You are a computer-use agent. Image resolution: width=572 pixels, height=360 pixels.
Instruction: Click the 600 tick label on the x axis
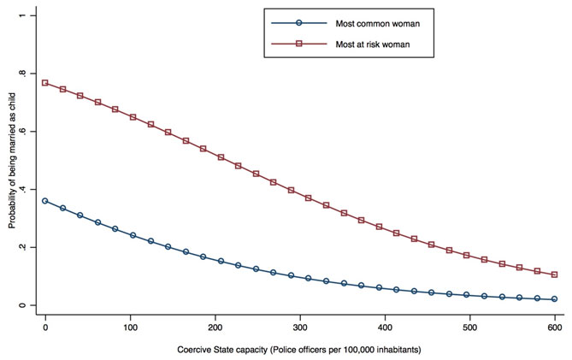[x=555, y=327]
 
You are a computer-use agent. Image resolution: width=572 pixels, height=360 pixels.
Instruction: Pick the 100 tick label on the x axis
[x=130, y=327]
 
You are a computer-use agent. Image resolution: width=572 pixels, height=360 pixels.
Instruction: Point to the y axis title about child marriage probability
[x=13, y=161]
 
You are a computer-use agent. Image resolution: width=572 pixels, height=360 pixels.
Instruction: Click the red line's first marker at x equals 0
[x=45, y=83]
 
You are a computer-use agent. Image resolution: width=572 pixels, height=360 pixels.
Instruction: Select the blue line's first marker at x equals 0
[x=45, y=201]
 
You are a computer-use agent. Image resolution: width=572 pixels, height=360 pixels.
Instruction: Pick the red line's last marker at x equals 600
[x=555, y=274]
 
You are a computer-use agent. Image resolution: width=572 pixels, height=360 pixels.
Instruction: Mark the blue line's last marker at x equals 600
[x=555, y=299]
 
